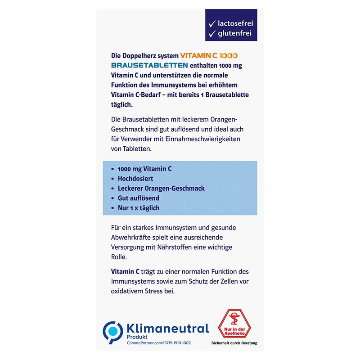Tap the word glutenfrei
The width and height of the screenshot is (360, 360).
[x=235, y=33]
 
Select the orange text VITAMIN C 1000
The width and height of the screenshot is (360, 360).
[x=209, y=56]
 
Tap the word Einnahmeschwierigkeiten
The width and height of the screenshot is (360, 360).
[x=205, y=139]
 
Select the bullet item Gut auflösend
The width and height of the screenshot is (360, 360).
[x=139, y=198]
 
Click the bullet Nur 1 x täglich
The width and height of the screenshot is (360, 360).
[x=139, y=208]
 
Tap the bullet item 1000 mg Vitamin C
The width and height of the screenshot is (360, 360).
[x=144, y=168]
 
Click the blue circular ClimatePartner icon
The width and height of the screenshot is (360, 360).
[x=112, y=332]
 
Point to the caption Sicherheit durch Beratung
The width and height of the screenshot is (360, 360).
[x=234, y=343]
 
